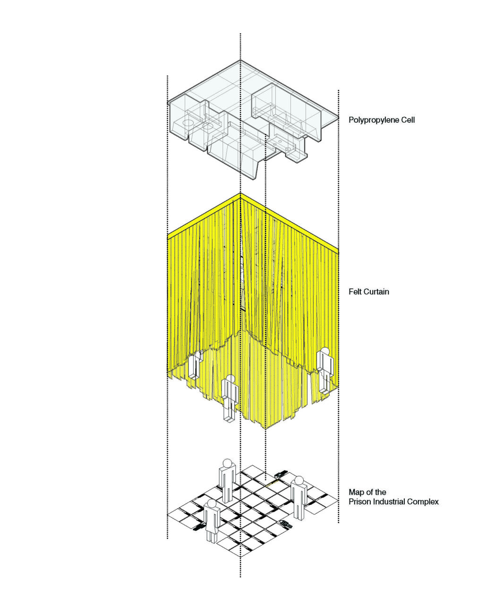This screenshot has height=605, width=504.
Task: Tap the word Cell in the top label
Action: [x=408, y=120]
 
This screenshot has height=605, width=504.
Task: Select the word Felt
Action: [x=355, y=292]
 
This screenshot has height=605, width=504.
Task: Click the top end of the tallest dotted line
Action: [x=240, y=34]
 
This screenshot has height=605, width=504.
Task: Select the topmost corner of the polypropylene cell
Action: [x=240, y=60]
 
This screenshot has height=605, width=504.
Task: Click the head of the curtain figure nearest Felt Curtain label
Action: [x=324, y=352]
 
